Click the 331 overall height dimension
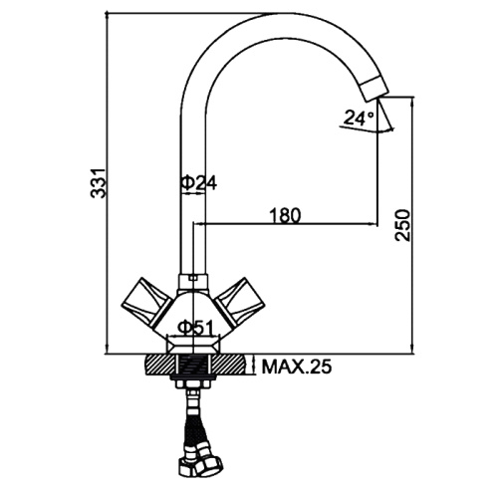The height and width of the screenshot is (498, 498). pos(99,183)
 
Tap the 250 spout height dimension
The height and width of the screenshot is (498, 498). pos(402,225)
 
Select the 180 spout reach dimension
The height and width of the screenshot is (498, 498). pos(286,215)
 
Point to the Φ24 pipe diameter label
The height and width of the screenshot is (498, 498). pos(198,182)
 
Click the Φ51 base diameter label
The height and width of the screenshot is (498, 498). pos(194,328)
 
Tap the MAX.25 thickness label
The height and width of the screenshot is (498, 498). pos(297,368)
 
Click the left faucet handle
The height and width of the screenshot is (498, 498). pos(146,301)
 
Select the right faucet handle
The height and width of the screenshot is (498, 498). pos(240,301)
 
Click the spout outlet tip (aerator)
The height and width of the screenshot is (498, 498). pos(374,88)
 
